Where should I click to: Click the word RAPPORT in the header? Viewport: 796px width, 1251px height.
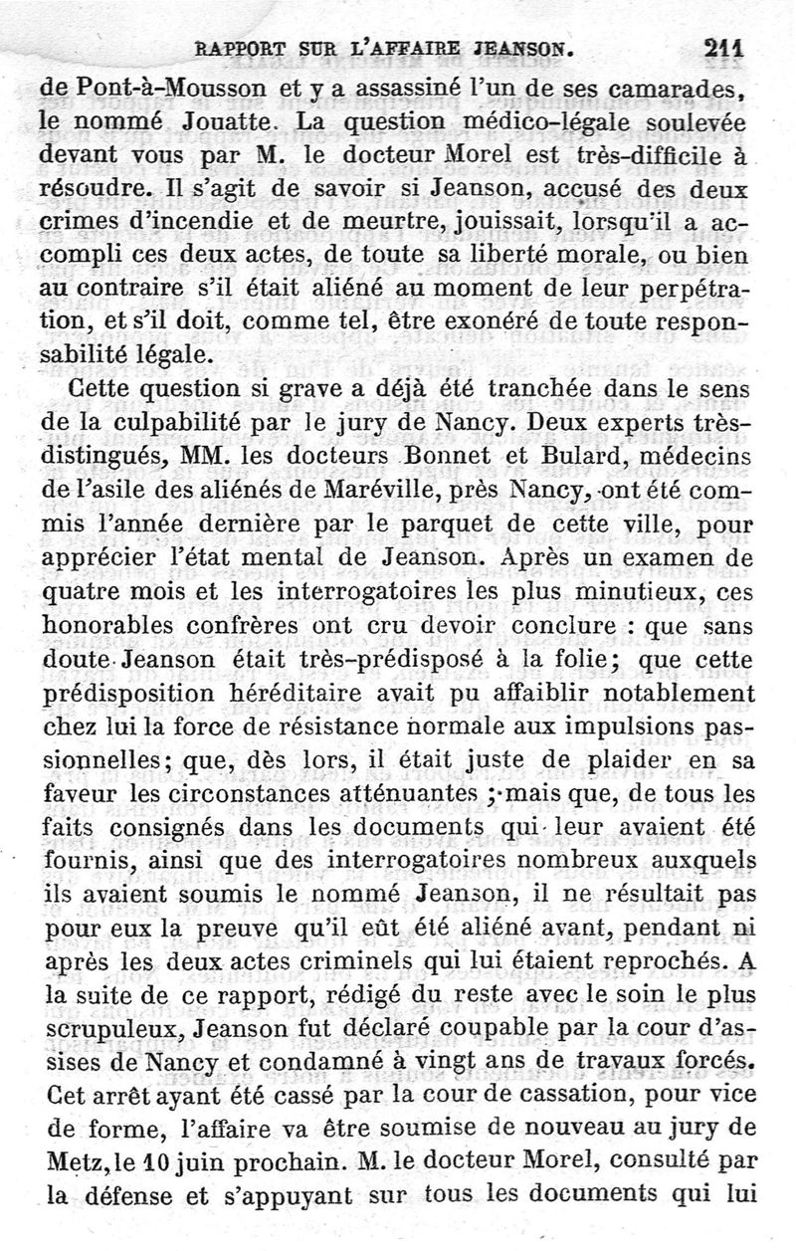coord(238,47)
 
